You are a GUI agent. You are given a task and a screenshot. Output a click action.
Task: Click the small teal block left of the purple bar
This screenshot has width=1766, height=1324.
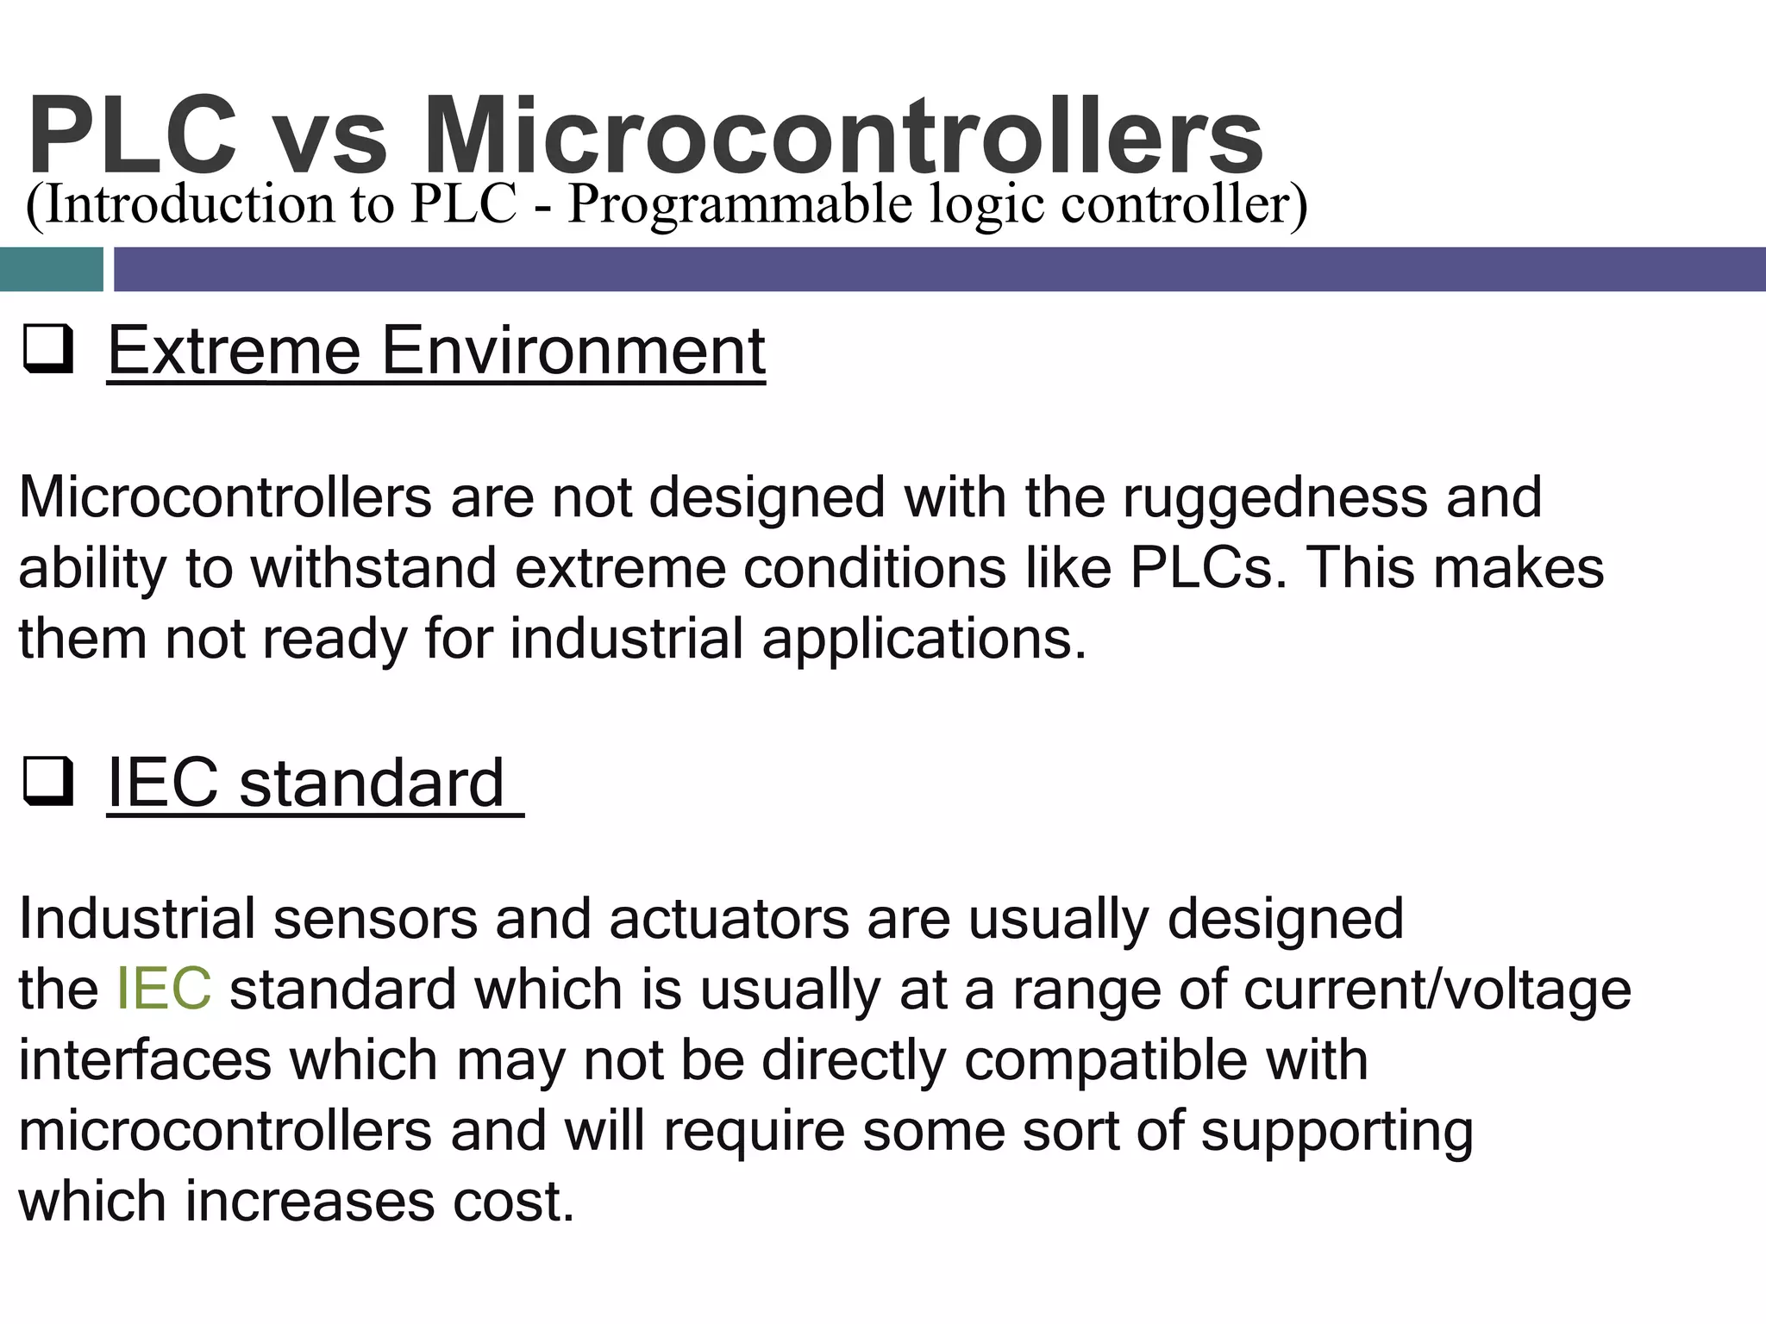click(x=51, y=269)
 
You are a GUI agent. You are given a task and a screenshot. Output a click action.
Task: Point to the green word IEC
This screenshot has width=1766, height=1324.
click(x=163, y=989)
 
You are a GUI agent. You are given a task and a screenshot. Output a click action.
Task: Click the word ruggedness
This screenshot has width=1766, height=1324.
click(x=1274, y=498)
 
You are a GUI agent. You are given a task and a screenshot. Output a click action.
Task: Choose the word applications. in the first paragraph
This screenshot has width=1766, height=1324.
click(x=924, y=640)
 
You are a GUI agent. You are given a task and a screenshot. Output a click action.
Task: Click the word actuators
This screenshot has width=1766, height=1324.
click(x=729, y=919)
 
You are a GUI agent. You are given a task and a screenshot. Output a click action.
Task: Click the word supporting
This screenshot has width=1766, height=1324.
click(x=1337, y=1131)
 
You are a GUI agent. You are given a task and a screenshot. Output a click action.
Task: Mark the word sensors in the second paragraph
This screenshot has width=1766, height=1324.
click(x=375, y=919)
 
